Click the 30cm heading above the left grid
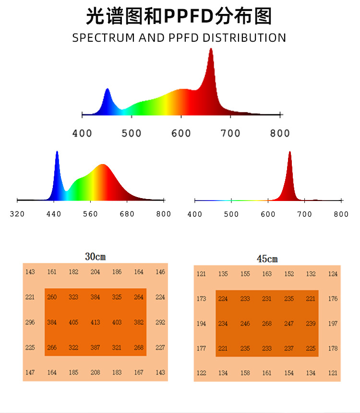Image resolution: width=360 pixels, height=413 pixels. tap(96, 257)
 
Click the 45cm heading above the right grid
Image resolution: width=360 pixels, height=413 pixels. tap(267, 259)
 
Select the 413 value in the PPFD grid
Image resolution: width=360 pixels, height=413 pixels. tap(96, 322)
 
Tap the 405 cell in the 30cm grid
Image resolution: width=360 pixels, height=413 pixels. tap(73, 322)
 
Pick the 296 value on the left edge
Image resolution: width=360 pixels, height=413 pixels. tap(30, 322)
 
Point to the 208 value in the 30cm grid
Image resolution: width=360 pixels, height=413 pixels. tap(96, 372)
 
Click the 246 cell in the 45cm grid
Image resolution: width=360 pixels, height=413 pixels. tap(245, 324)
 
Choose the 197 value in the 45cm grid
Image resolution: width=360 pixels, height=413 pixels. tap(333, 324)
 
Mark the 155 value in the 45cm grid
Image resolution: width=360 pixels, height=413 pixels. tap(245, 274)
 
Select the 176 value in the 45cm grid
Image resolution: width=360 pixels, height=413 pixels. tap(333, 299)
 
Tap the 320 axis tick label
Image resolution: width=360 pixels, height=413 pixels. tap(17, 214)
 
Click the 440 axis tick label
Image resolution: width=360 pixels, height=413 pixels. tap(54, 214)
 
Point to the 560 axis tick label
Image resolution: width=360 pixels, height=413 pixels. tap(90, 214)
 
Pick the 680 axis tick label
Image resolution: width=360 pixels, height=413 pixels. tap(127, 214)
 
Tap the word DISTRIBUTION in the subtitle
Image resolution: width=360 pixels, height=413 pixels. tap(244, 38)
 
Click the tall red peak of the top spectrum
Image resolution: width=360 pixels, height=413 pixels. tap(211, 53)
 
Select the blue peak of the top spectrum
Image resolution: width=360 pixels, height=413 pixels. tap(107, 91)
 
